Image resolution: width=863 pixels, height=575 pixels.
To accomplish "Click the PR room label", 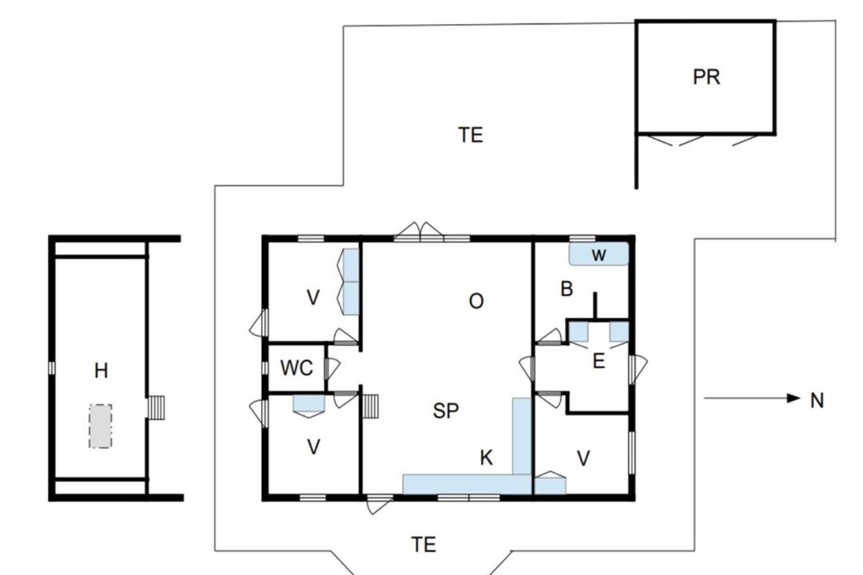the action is click(x=706, y=77).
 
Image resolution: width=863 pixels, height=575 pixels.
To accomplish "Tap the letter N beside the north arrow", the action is click(x=817, y=401).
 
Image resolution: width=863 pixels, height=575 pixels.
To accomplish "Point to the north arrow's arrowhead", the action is click(x=793, y=398).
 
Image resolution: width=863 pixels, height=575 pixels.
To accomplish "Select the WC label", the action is click(x=296, y=368).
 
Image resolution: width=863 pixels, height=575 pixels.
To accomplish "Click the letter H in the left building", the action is click(x=101, y=371).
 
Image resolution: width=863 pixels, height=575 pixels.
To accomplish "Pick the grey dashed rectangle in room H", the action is click(x=101, y=426).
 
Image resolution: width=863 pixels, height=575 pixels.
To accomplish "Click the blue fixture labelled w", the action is click(x=599, y=254).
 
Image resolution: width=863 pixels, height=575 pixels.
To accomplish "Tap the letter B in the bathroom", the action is click(x=567, y=289).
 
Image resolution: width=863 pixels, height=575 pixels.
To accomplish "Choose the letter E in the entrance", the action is click(x=599, y=362).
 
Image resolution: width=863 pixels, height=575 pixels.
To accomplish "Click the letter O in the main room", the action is click(x=476, y=301).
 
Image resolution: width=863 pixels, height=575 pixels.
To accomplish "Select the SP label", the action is click(x=446, y=411).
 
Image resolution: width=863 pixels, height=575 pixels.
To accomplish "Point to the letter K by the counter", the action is click(x=486, y=458).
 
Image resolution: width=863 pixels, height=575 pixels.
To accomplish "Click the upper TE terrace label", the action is click(x=471, y=135).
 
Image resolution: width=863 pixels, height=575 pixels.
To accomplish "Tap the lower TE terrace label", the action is click(x=424, y=545).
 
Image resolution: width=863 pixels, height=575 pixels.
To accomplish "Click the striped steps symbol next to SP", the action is click(x=371, y=407).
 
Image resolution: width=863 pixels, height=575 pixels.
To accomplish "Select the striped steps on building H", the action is click(x=157, y=408).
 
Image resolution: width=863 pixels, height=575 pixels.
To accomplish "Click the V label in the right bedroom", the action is click(x=583, y=458).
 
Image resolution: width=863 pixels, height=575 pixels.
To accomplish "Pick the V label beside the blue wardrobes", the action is click(x=312, y=298).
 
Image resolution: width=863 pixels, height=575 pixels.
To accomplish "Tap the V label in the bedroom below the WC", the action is click(x=313, y=446).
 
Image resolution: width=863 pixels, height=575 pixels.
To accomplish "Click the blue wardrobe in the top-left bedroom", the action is click(x=351, y=282).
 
